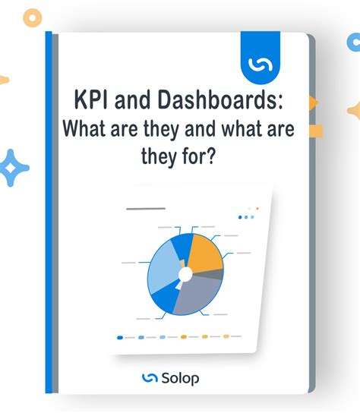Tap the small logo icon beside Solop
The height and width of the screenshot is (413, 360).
(x=150, y=377)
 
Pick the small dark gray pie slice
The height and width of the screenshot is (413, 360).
(x=219, y=274)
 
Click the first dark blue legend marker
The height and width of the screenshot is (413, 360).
(x=120, y=337)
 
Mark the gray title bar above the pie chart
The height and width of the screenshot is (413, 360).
(x=145, y=207)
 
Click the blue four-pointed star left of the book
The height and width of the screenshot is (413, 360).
(x=14, y=168)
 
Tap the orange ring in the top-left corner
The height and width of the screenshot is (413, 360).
(x=33, y=17)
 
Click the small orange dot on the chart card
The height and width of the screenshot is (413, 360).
(x=257, y=208)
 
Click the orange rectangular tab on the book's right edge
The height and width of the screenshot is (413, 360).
(x=315, y=131)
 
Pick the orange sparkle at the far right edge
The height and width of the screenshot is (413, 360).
(x=354, y=110)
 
